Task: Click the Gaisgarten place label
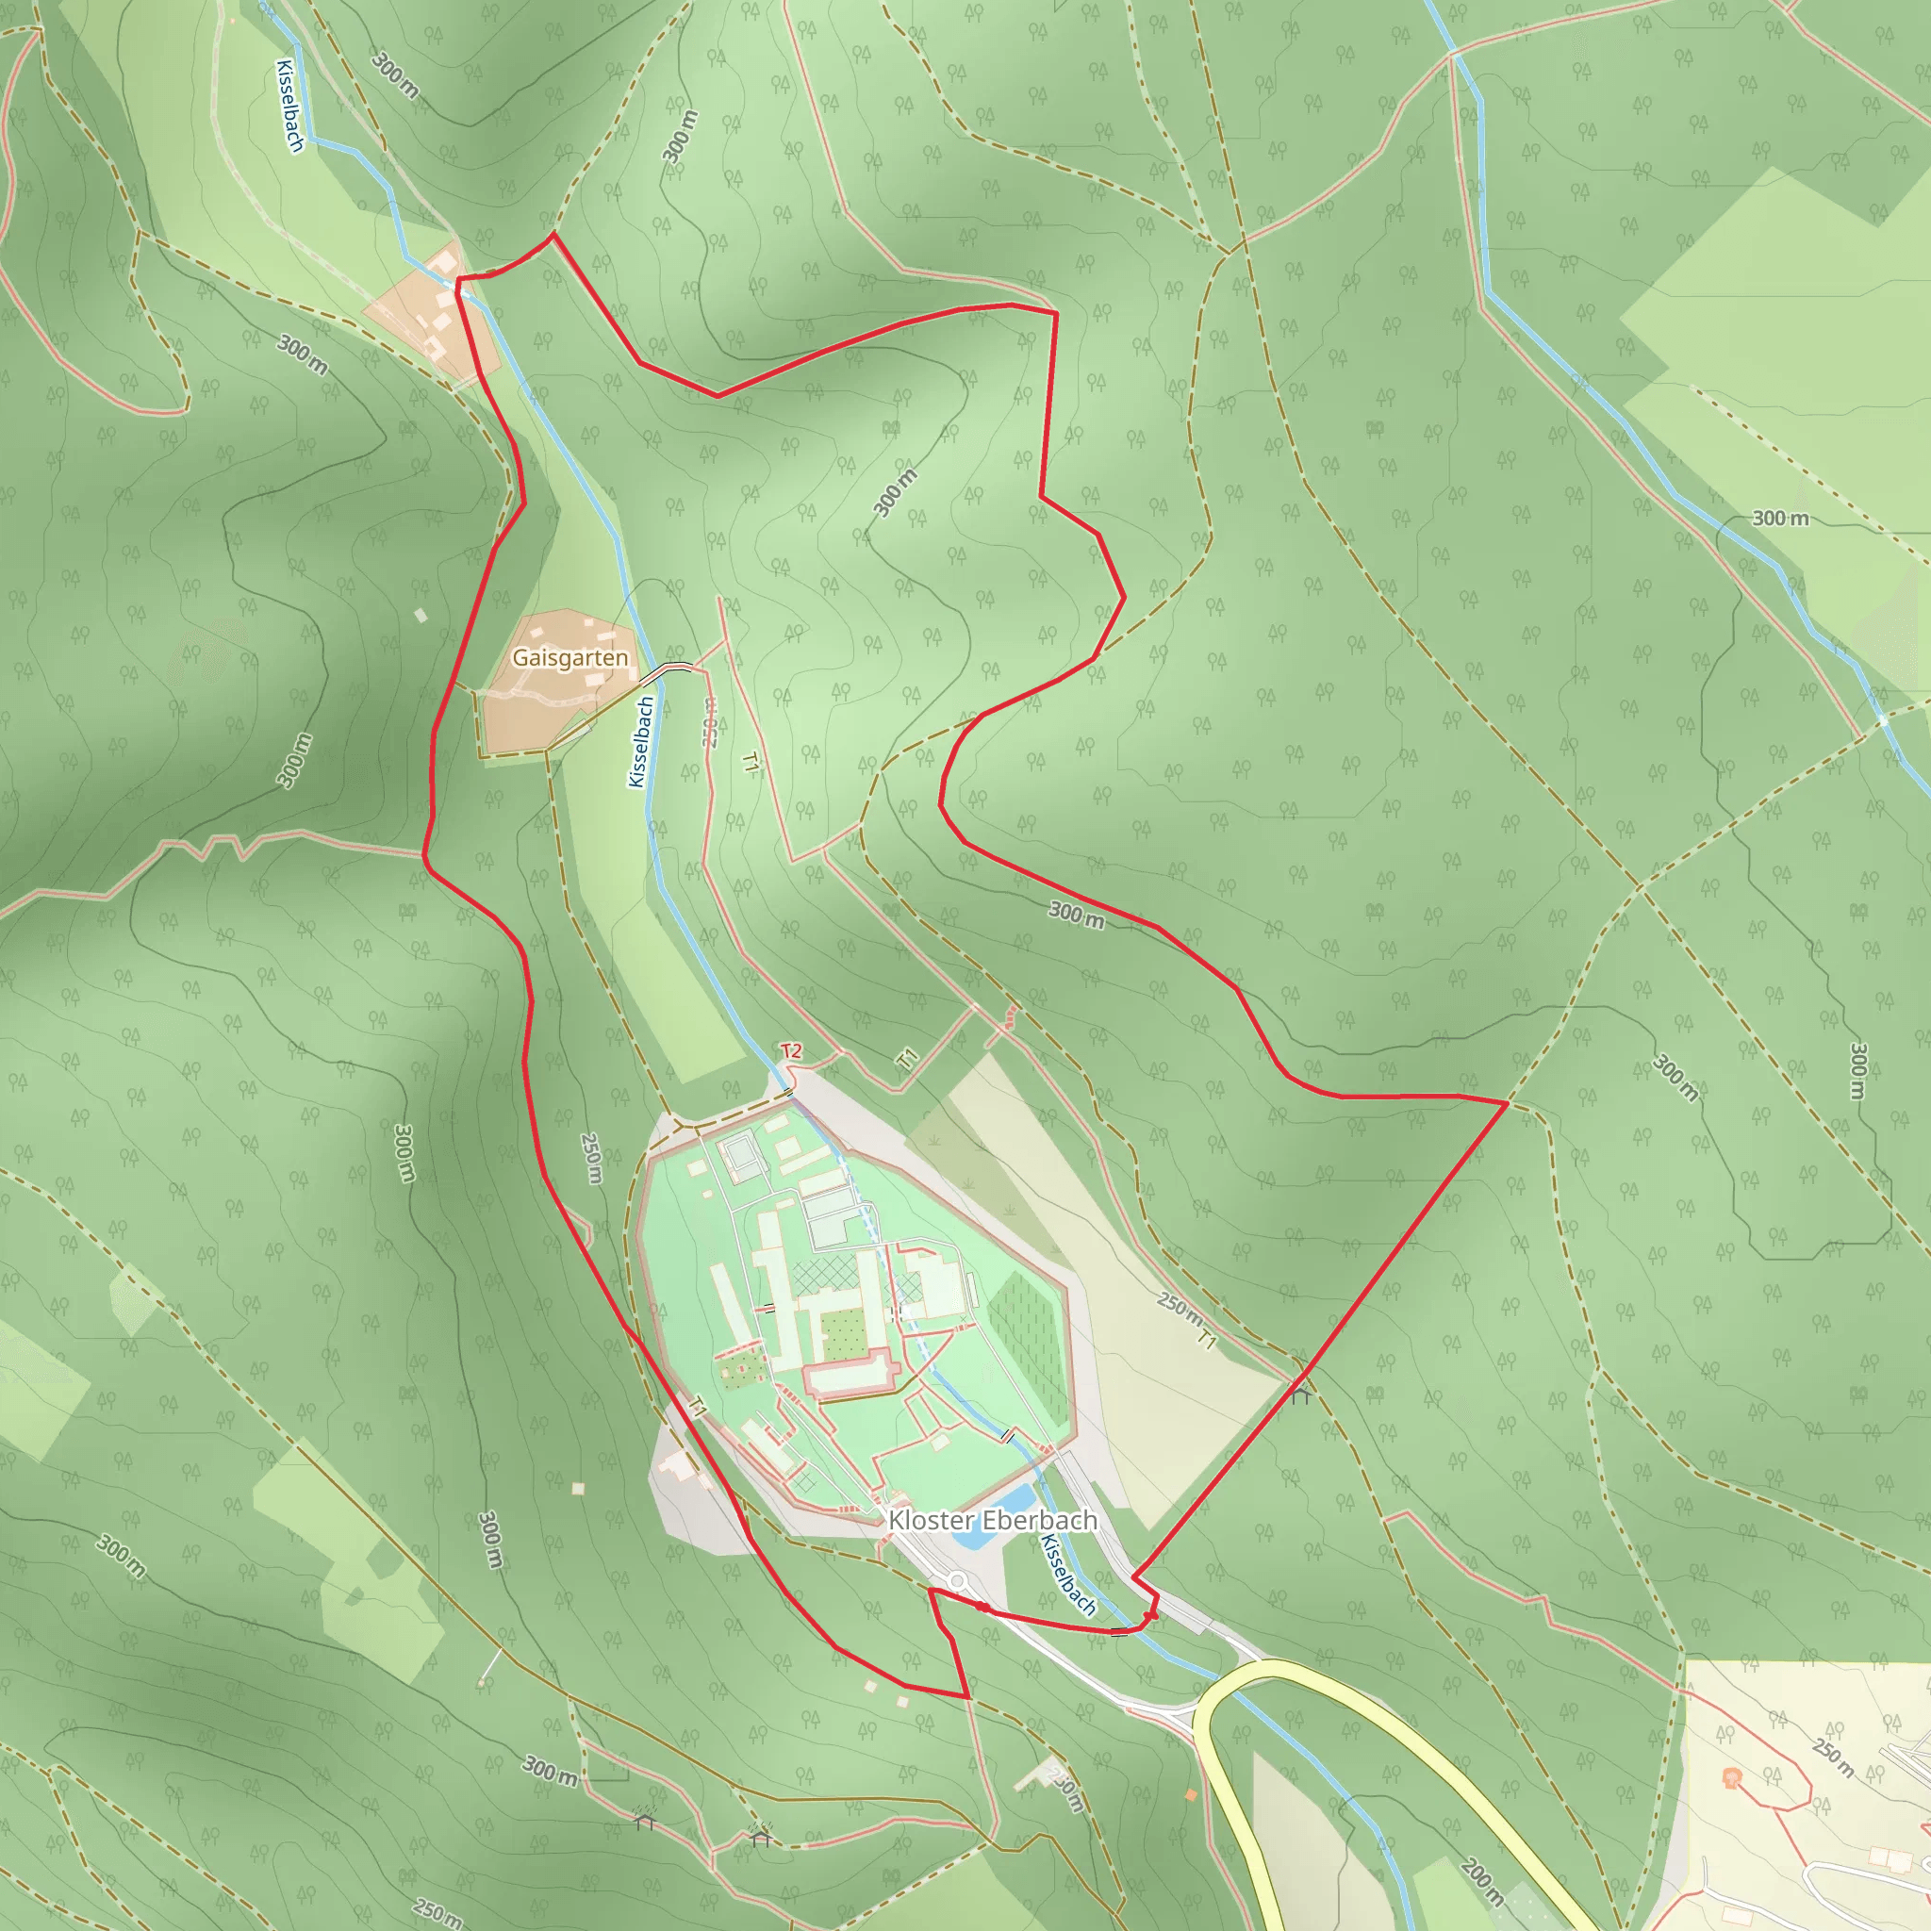pyautogui.click(x=569, y=658)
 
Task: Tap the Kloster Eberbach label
pyautogui.click(x=992, y=1520)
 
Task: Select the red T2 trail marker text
pyautogui.click(x=790, y=1050)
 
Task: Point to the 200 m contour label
pyautogui.click(x=1481, y=1881)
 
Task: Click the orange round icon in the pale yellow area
pyautogui.click(x=1731, y=1778)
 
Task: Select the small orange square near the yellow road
pyautogui.click(x=1191, y=1795)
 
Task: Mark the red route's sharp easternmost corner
pyautogui.click(x=1506, y=1103)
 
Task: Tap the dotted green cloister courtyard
pyautogui.click(x=844, y=1328)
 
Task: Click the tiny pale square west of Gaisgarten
pyautogui.click(x=421, y=616)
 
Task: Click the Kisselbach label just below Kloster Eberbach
pyautogui.click(x=1067, y=1576)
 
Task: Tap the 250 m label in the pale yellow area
pyautogui.click(x=1831, y=1758)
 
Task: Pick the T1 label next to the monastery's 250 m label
pyautogui.click(x=1208, y=1339)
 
